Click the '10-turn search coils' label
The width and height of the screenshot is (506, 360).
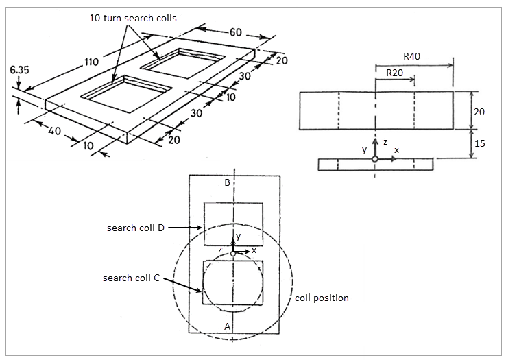pos(132,18)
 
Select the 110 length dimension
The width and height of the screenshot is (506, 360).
pos(92,62)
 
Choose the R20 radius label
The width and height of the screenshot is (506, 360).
pos(394,72)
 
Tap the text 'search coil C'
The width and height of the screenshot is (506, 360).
pos(131,278)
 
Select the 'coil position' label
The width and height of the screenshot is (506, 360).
pos(322,298)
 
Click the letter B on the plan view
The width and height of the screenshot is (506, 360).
pos(227,183)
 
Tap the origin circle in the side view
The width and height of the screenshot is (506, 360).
pos(374,159)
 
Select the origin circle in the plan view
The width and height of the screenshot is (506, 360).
pos(233,254)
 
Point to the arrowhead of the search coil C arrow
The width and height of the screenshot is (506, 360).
pos(200,291)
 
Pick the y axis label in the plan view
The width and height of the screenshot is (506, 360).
pos(238,237)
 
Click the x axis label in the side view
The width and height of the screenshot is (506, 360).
pos(396,149)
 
